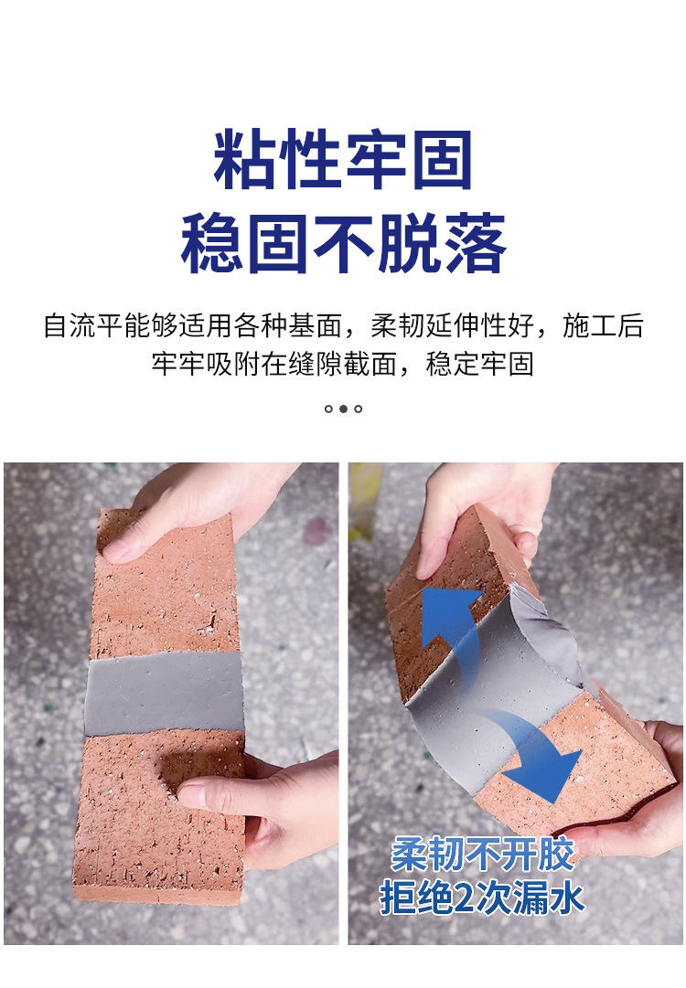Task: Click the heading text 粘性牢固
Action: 342,159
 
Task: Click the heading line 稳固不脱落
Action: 343,242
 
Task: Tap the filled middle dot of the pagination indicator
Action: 343,409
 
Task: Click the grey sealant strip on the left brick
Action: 164,693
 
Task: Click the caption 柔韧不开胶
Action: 482,855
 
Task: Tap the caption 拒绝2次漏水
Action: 482,898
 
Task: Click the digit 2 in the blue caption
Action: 464,898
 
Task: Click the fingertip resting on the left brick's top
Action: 118,552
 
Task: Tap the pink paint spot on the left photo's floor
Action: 316,530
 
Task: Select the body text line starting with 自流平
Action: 344,325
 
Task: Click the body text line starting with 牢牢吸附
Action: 343,364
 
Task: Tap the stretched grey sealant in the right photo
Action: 498,681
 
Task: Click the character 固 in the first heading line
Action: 442,159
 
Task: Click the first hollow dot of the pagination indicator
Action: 328,409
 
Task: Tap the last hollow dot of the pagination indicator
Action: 359,409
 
